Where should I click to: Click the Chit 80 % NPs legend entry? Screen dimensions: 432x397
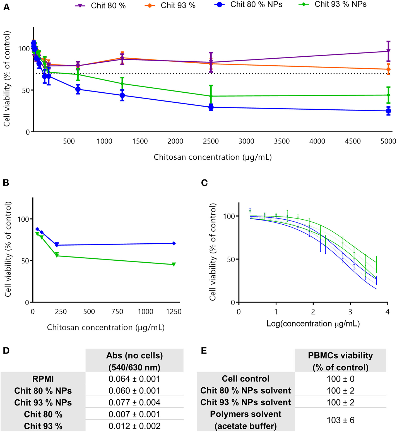pos(249,5)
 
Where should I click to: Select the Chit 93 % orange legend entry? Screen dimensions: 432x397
pos(170,6)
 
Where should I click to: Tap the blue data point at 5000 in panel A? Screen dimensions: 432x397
pos(388,111)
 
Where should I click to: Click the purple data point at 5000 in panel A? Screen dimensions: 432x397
pos(388,51)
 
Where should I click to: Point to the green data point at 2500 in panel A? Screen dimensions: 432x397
pos(211,96)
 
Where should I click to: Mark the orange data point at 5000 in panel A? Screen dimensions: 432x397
pos(388,69)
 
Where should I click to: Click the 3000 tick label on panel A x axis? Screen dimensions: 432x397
pos(246,141)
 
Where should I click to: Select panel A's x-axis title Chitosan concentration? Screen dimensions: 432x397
pos(213,157)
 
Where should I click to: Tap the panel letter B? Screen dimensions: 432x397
pos(6,183)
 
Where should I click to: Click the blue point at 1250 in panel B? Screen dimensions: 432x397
pos(174,243)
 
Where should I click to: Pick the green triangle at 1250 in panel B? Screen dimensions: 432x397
pos(174,264)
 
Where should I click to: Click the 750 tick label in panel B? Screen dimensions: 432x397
pos(117,312)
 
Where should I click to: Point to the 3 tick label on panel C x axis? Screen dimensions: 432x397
pos(350,312)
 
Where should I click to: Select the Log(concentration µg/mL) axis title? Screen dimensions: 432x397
pos(313,324)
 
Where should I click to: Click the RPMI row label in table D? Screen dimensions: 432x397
pos(43,379)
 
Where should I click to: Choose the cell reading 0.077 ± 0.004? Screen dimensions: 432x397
pos(134,402)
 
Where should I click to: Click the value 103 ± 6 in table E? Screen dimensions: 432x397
pos(340,420)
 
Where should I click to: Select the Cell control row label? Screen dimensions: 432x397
pos(246,379)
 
